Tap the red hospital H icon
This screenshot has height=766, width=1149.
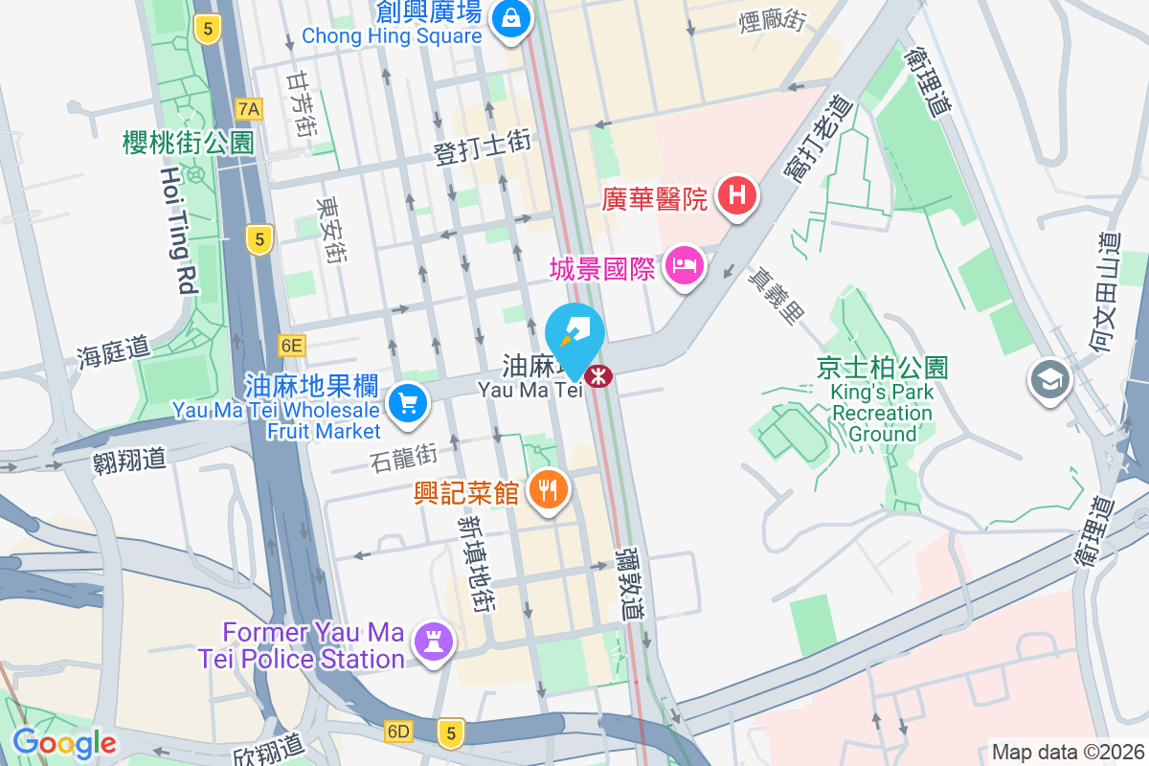736,197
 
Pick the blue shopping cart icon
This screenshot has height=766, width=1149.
409,403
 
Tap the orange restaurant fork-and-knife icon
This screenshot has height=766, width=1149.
548,491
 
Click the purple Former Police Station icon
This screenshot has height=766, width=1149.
434,643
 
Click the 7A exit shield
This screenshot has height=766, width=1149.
249,109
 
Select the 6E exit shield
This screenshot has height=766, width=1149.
291,344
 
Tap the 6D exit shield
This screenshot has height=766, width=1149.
398,732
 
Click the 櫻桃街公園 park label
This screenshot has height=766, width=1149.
189,143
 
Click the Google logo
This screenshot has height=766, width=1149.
64,743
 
